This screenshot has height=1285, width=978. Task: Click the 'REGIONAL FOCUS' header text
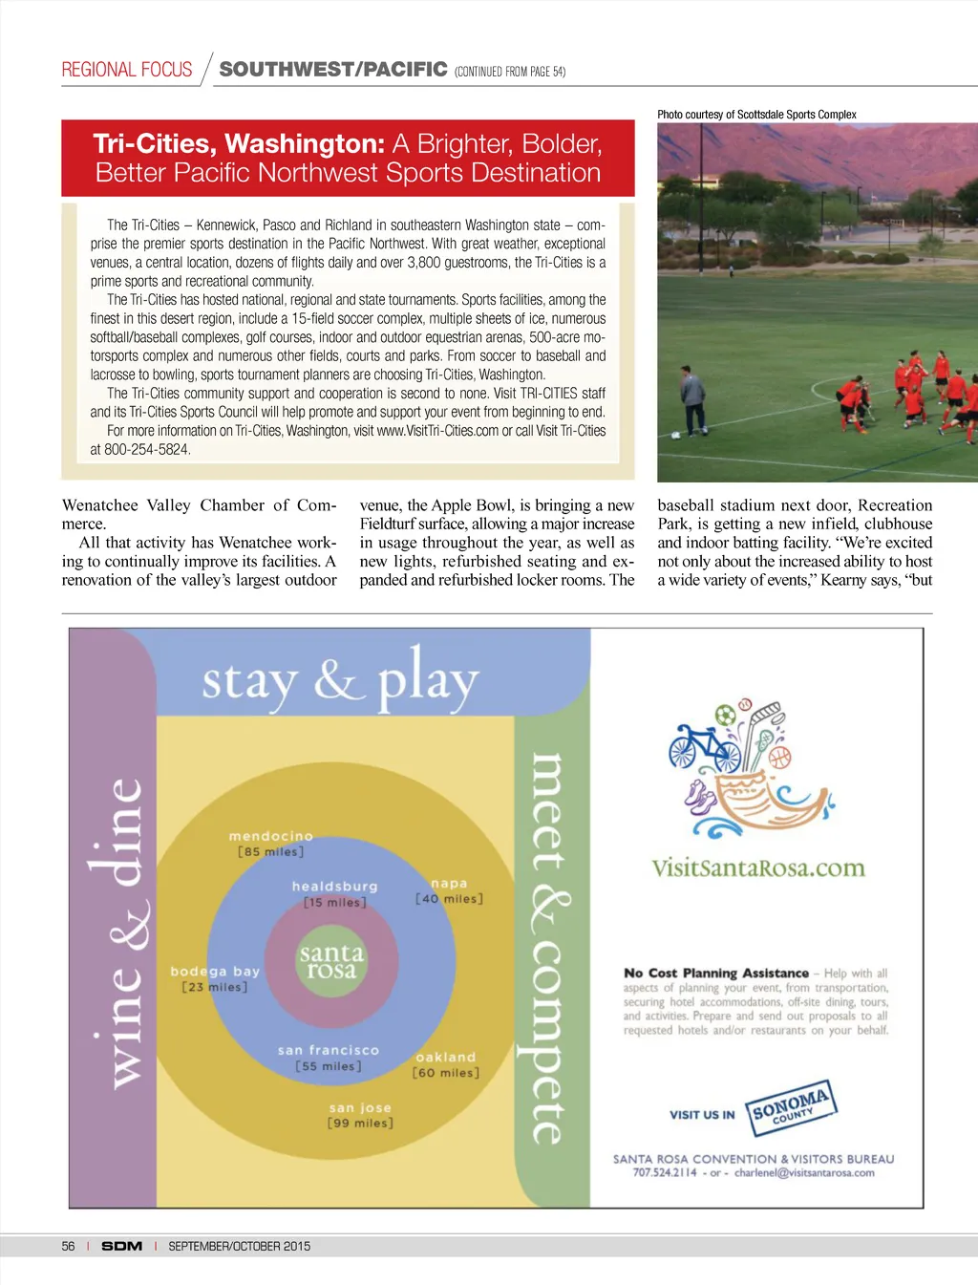pyautogui.click(x=127, y=70)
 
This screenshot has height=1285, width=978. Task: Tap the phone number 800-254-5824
pyautogui.click(x=148, y=449)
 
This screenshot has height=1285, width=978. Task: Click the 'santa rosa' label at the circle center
pyautogui.click(x=331, y=961)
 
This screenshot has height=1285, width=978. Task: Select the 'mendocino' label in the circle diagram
pyautogui.click(x=271, y=836)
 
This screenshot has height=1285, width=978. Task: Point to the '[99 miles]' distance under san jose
pyautogui.click(x=360, y=1124)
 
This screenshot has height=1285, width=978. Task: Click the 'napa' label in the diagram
pyautogui.click(x=449, y=884)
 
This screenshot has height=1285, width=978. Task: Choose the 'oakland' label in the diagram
pyautogui.click(x=446, y=1057)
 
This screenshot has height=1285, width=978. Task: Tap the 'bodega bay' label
pyautogui.click(x=215, y=971)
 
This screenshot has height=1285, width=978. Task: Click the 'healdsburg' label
pyautogui.click(x=334, y=887)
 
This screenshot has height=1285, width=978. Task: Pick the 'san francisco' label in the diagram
pyautogui.click(x=329, y=1050)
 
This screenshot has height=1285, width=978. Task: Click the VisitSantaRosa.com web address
pyautogui.click(x=757, y=868)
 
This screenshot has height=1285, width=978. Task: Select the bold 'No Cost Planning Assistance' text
pyautogui.click(x=715, y=974)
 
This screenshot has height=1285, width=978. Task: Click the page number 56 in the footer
pyautogui.click(x=68, y=1246)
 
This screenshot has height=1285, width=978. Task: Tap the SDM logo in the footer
pyautogui.click(x=122, y=1246)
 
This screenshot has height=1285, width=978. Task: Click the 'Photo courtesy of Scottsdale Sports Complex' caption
pyautogui.click(x=756, y=115)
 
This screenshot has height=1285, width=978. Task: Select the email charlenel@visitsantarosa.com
pyautogui.click(x=804, y=1173)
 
